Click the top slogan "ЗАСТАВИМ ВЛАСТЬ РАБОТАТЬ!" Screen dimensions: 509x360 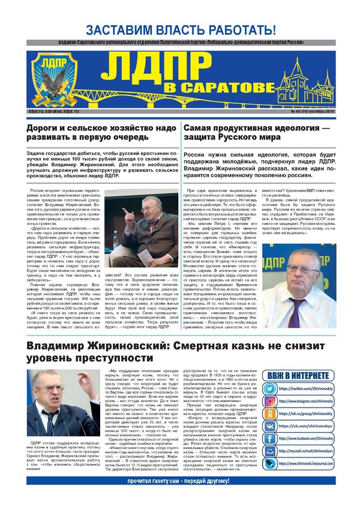180,29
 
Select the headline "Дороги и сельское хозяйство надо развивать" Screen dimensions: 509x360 101,133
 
